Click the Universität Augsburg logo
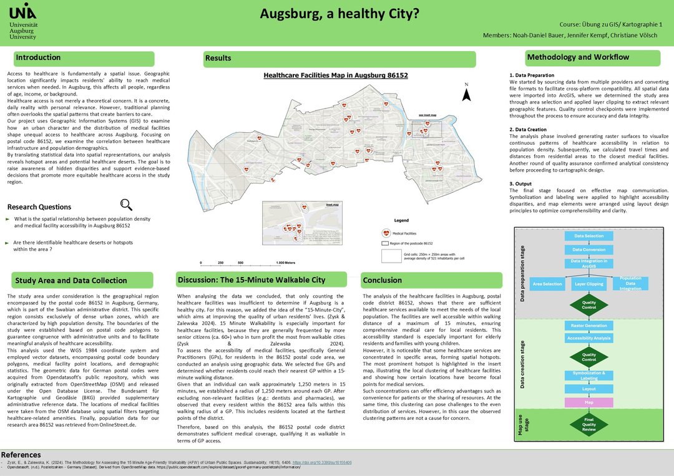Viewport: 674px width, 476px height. (x=24, y=21)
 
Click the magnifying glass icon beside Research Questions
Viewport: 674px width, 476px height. (x=126, y=205)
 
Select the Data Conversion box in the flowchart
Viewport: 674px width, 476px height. (x=589, y=250)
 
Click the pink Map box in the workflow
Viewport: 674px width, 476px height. (x=589, y=402)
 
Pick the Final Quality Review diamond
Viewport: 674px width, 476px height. (x=589, y=425)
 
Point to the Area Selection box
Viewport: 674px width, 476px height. (x=547, y=284)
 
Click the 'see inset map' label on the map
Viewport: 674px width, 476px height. (x=427, y=115)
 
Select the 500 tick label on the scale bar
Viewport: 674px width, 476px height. (x=240, y=263)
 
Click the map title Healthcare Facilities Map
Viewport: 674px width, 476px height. (x=335, y=75)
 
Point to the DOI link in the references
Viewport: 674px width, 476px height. (x=326, y=462)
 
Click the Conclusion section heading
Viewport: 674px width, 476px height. (x=383, y=280)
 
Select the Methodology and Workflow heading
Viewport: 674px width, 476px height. (x=578, y=57)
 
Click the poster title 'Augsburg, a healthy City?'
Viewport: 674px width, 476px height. (x=339, y=13)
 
